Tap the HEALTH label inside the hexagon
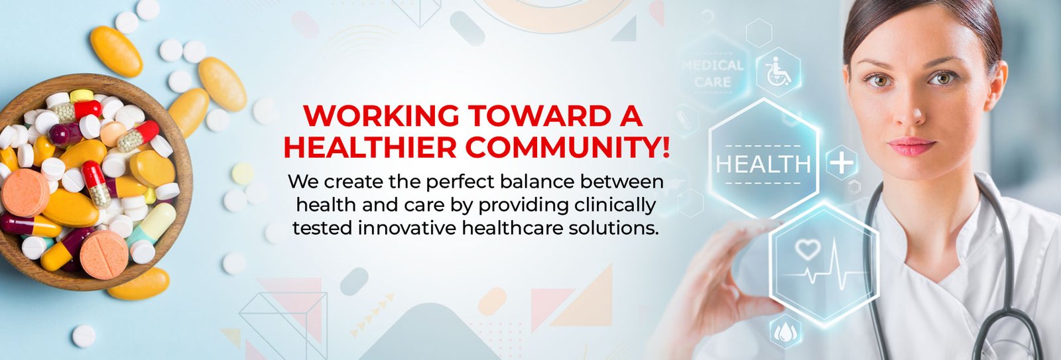763,164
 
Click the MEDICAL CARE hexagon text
713,74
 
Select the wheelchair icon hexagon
779,72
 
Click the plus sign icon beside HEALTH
842,163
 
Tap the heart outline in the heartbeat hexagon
807,249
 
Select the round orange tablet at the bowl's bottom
103,255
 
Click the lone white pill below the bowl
84,336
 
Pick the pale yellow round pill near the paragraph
243,173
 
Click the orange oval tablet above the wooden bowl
116,50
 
